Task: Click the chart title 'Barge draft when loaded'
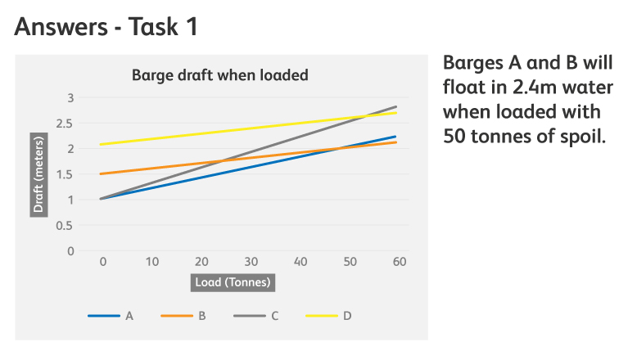[219, 75]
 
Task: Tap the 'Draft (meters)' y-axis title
[38, 173]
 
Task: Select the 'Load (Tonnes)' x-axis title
[233, 282]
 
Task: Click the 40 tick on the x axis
[300, 261]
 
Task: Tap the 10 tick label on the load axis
[152, 261]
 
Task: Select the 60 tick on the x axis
[400, 261]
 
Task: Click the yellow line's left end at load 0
[100, 145]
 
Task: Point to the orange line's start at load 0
[100, 173]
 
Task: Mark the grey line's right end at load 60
[396, 106]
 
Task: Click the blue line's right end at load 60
[396, 137]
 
